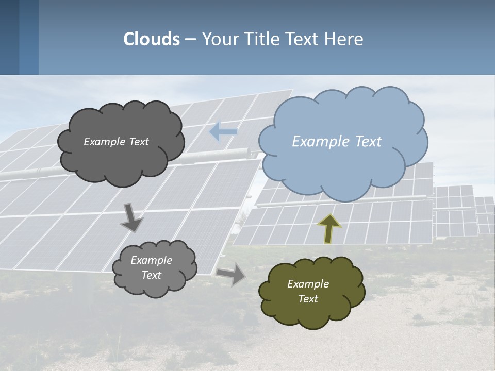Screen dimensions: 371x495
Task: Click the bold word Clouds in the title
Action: click(152, 39)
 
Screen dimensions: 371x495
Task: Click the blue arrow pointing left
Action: click(223, 132)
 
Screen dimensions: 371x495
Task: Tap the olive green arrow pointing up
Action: click(329, 228)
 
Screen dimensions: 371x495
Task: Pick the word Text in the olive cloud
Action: click(308, 299)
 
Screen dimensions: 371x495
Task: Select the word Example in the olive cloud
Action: click(308, 284)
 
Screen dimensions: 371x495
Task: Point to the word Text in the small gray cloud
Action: click(152, 275)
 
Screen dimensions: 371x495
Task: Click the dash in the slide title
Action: click(190, 39)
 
